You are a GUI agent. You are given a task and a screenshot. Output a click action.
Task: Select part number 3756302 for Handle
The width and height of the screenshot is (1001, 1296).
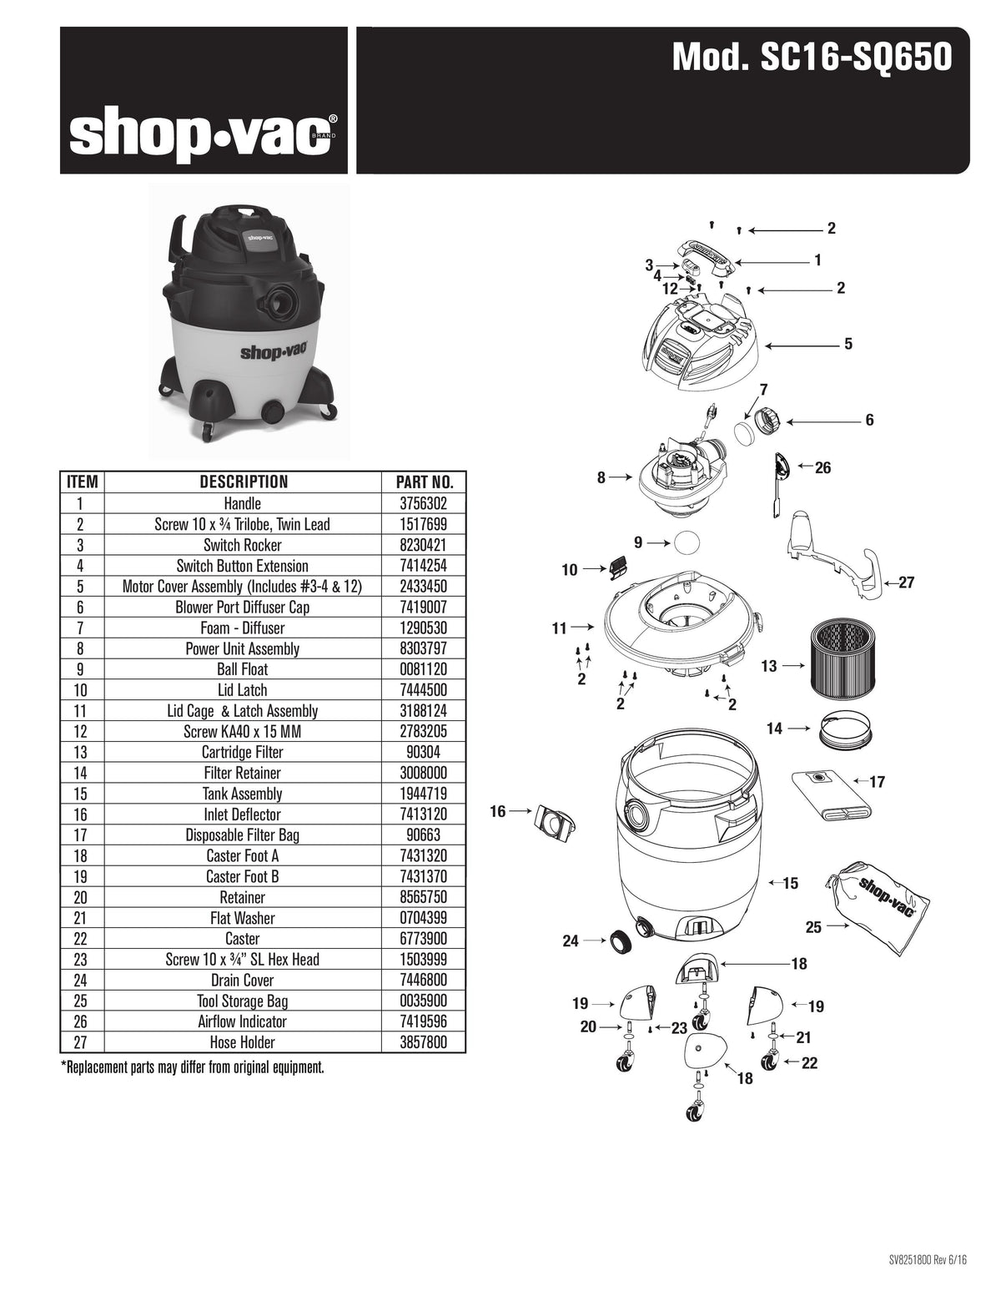pyautogui.click(x=424, y=503)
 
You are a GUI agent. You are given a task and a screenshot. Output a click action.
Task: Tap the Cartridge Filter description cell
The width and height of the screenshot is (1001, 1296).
pyautogui.click(x=242, y=752)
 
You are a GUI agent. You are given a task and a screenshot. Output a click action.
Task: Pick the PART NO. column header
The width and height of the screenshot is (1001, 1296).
pyautogui.click(x=424, y=482)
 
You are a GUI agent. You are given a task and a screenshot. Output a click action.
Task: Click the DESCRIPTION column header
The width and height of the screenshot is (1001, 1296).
pyautogui.click(x=243, y=482)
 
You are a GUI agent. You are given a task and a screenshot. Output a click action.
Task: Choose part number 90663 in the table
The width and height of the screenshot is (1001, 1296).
pyautogui.click(x=424, y=835)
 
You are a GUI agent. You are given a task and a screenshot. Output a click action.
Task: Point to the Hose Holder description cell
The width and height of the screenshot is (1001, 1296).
pyautogui.click(x=242, y=1042)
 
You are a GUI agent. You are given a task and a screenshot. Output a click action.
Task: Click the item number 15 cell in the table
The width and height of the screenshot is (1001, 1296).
pyautogui.click(x=81, y=794)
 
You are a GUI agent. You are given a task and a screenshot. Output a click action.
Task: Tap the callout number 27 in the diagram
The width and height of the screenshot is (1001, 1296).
pyautogui.click(x=907, y=582)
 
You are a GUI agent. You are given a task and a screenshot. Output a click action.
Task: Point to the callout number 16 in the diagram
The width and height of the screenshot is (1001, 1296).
pyautogui.click(x=498, y=811)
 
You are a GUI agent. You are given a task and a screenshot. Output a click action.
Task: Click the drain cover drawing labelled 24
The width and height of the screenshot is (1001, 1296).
pyautogui.click(x=620, y=940)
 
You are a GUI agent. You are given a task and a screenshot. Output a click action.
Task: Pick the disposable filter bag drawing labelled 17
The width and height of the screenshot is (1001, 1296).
pyautogui.click(x=832, y=795)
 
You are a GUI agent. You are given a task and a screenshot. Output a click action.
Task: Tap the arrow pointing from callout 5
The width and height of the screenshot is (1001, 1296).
pyautogui.click(x=801, y=344)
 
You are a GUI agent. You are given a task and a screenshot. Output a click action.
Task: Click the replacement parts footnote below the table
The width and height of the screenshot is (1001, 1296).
pyautogui.click(x=192, y=1067)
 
